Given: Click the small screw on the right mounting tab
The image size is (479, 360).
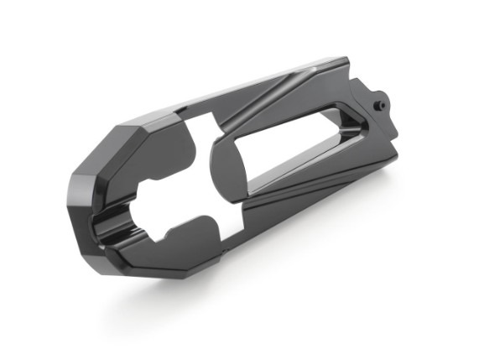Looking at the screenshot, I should (380, 105).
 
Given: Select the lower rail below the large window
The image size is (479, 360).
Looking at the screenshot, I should (302, 197).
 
